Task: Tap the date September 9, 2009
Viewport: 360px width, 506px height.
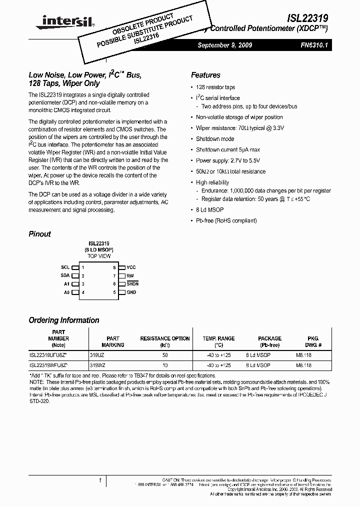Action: (224, 45)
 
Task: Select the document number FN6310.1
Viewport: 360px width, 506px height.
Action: (312, 45)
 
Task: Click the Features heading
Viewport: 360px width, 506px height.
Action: (205, 75)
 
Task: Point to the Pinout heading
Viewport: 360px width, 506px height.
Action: (40, 233)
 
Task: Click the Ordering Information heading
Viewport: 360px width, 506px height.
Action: (64, 320)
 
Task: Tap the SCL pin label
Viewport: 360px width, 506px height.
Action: (65, 267)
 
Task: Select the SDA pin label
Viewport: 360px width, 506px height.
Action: (65, 275)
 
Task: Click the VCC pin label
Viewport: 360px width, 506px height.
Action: (131, 267)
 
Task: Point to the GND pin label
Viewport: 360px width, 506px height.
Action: (131, 292)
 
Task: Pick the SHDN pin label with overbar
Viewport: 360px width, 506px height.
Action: (132, 284)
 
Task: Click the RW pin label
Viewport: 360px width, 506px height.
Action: (130, 275)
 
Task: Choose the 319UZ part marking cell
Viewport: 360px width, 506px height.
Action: (97, 354)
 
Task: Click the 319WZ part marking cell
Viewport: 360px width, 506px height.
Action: (97, 365)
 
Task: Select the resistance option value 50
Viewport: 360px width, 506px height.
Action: (164, 354)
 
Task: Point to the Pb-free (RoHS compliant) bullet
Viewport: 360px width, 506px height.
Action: (226, 220)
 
